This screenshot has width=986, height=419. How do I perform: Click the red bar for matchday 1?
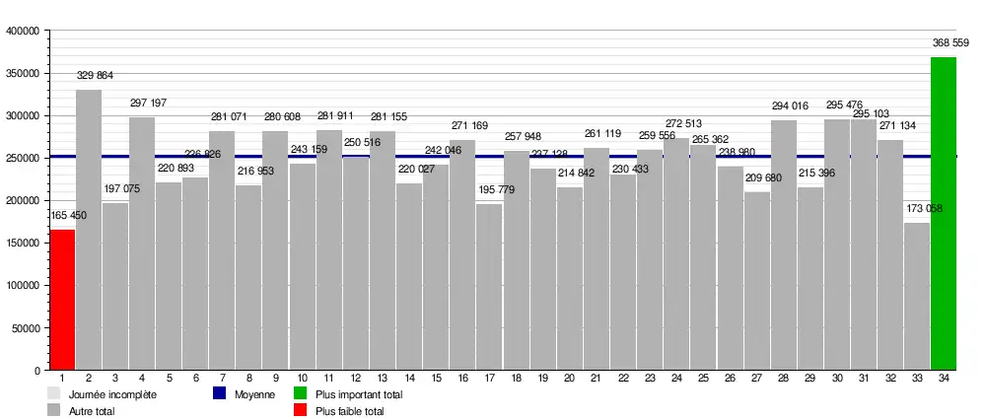62,300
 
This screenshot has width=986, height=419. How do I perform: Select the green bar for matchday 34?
944,213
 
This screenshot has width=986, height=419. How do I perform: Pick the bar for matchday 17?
489,286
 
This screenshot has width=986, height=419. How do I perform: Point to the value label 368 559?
951,42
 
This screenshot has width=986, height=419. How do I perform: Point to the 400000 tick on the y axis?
22,32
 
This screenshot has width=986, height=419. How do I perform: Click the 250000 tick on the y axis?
22,159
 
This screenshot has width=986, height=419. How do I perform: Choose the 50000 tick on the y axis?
25,328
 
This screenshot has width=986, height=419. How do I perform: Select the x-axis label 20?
569,379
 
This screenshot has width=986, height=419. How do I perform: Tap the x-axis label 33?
917,379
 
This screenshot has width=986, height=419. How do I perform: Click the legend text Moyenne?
254,394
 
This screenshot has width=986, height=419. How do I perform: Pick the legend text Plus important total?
359,394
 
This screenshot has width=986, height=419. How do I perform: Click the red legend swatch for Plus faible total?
302,410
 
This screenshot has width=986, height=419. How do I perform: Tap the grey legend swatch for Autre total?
54,410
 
